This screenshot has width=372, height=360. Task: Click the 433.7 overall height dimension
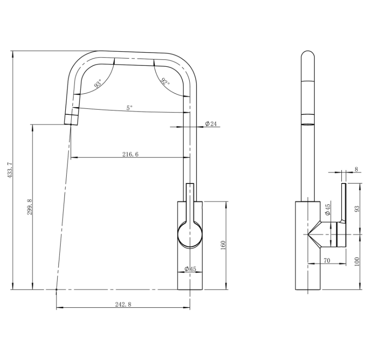(10, 170)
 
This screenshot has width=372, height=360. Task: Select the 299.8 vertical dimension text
(29, 207)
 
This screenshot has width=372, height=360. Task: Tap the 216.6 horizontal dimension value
(130, 154)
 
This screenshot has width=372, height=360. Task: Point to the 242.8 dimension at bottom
(123, 304)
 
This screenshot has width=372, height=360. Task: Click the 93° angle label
(98, 83)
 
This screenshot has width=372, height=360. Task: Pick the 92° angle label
(165, 82)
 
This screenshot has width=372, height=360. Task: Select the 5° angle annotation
(129, 108)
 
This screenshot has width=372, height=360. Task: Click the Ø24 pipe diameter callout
(211, 124)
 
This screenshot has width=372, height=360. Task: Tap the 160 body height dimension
(223, 245)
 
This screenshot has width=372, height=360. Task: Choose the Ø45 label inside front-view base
(190, 269)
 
